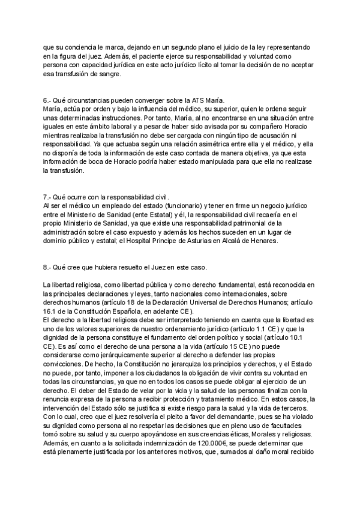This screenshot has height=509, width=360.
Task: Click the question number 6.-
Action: coord(47,99)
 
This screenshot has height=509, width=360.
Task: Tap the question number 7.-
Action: coord(47,197)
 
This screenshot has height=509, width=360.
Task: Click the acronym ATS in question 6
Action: coord(183,99)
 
